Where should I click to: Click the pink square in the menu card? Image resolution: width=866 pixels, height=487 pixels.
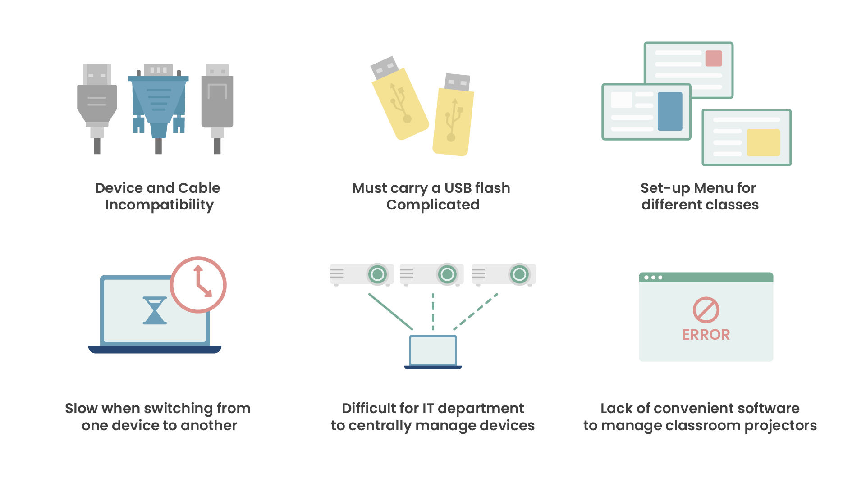714,59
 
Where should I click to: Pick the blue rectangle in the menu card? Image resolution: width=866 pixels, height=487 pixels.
670,111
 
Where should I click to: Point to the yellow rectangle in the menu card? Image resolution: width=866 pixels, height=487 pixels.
763,142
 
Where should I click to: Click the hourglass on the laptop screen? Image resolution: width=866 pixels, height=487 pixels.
155,310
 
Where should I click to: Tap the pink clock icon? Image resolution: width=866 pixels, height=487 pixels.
198,285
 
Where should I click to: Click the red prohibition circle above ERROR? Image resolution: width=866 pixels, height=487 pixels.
706,310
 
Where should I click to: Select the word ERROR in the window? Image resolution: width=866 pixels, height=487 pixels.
706,335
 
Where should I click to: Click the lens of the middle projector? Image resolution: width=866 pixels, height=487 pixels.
447,274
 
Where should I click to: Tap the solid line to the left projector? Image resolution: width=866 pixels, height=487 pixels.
390,311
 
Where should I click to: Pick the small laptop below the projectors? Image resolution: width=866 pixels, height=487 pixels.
433,352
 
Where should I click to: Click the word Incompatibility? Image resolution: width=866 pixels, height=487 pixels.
159,205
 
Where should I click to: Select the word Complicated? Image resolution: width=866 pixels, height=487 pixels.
433,205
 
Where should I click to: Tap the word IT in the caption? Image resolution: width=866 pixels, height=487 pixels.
428,409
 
